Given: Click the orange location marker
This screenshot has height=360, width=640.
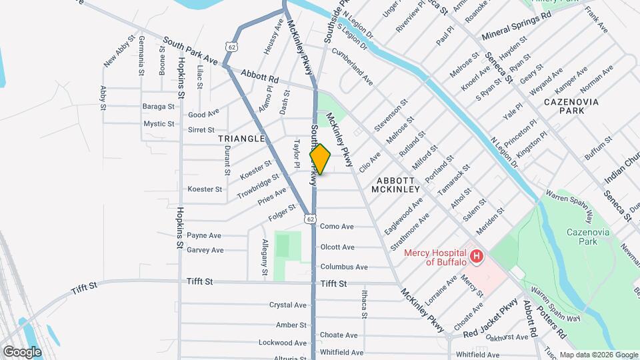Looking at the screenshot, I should pyautogui.click(x=320, y=160).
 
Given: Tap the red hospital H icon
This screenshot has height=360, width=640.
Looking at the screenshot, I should pyautogui.click(x=476, y=256).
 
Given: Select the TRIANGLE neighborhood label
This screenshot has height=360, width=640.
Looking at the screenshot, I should pyautogui.click(x=241, y=139).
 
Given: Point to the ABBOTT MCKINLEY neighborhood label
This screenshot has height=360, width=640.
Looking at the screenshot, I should pyautogui.click(x=405, y=186).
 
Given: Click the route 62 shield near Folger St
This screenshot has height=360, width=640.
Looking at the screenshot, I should pyautogui.click(x=310, y=218).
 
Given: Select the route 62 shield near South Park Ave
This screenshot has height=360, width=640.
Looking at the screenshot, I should pyautogui.click(x=231, y=47).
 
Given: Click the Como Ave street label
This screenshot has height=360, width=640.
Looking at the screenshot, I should pyautogui.click(x=337, y=227).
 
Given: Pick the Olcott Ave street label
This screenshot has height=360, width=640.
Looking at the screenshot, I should pyautogui.click(x=337, y=247).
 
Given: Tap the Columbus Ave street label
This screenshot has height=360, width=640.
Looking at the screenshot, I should pyautogui.click(x=344, y=267).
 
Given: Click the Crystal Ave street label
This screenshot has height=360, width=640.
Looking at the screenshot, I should pyautogui.click(x=287, y=305).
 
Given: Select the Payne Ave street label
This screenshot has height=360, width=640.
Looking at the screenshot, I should pyautogui.click(x=203, y=235).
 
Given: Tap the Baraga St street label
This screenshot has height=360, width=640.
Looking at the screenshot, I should pyautogui.click(x=158, y=106).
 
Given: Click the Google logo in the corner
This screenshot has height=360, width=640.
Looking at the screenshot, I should pyautogui.click(x=21, y=351).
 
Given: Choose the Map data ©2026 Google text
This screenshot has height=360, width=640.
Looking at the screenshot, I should pyautogui.click(x=598, y=355).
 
